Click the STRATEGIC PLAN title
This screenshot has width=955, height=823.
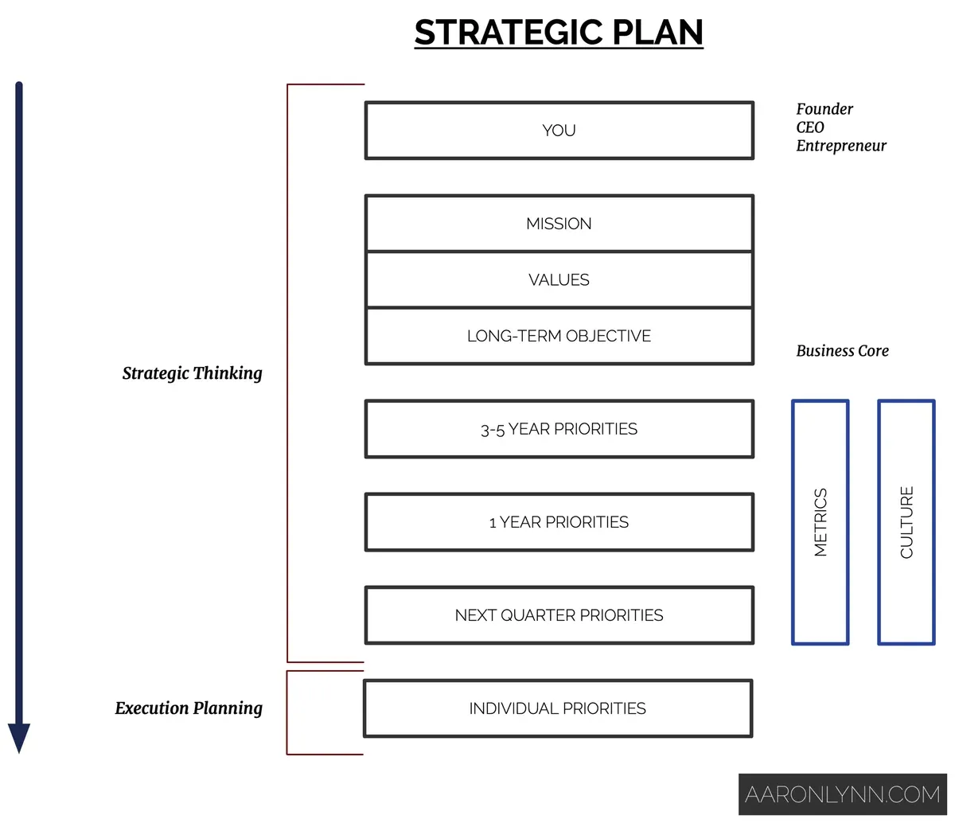tap(559, 33)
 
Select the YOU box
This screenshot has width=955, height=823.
tap(559, 131)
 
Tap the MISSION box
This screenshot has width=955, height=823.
tap(559, 224)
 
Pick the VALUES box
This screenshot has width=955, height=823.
tap(559, 280)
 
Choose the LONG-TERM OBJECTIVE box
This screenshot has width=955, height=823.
tap(559, 336)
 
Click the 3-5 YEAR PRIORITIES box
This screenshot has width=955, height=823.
tap(559, 429)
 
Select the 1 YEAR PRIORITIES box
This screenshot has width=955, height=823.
tap(559, 522)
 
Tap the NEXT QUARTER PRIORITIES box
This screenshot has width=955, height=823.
tap(559, 615)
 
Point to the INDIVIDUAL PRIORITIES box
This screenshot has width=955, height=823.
tap(557, 708)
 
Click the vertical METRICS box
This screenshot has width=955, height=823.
tap(821, 522)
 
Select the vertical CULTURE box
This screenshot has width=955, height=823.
tap(906, 522)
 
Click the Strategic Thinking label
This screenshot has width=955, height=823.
tap(192, 373)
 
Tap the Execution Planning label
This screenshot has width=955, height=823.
tap(189, 708)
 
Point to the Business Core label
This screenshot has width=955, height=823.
tap(842, 351)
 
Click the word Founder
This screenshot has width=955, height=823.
tap(824, 109)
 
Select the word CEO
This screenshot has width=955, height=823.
tap(810, 127)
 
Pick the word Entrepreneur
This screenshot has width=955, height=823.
tap(841, 146)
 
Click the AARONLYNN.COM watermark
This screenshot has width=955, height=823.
tap(843, 794)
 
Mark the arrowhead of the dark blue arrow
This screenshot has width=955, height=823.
tap(19, 738)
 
